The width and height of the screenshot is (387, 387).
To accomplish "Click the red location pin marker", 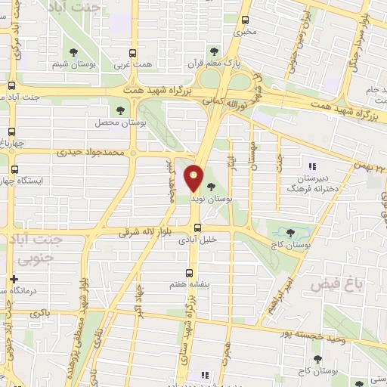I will point(194,178).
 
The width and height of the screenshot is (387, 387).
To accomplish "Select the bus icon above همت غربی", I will point(132,52).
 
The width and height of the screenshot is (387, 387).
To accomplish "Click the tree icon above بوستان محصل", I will point(120,110).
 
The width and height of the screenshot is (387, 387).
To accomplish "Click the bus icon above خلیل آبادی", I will point(195,227).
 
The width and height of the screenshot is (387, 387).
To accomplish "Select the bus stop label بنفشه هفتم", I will point(187,288).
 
